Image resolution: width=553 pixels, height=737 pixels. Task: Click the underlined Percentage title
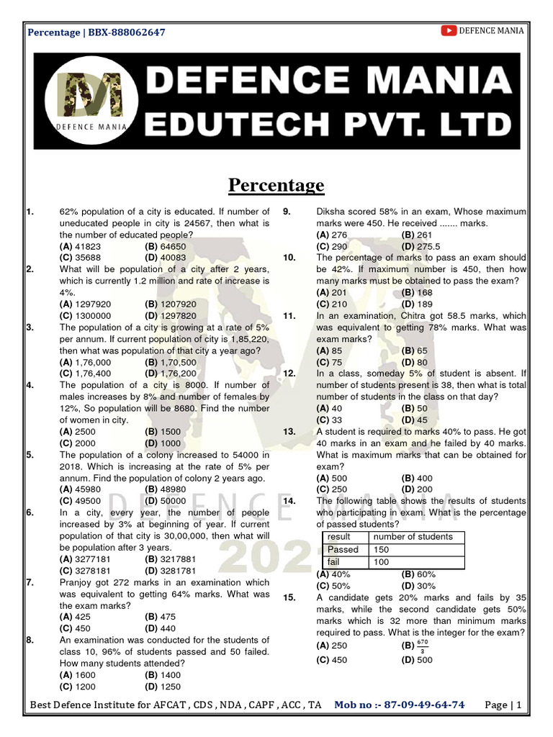coord(276,186)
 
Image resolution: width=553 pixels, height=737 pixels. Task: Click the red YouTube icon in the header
coord(449,30)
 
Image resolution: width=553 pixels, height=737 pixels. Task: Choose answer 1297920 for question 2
coord(86,304)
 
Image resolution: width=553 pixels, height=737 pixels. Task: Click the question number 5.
coord(30,455)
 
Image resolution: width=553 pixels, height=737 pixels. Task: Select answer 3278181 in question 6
coord(86,569)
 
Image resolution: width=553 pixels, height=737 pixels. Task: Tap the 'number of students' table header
coord(413,536)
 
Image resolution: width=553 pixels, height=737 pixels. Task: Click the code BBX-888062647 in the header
coord(126,32)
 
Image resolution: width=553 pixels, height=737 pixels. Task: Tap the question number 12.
coord(290,373)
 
